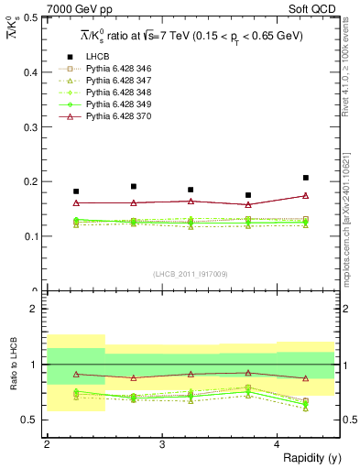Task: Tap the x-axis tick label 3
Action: click(162, 444)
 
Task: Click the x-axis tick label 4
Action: click(278, 444)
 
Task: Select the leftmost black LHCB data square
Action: click(76, 191)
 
